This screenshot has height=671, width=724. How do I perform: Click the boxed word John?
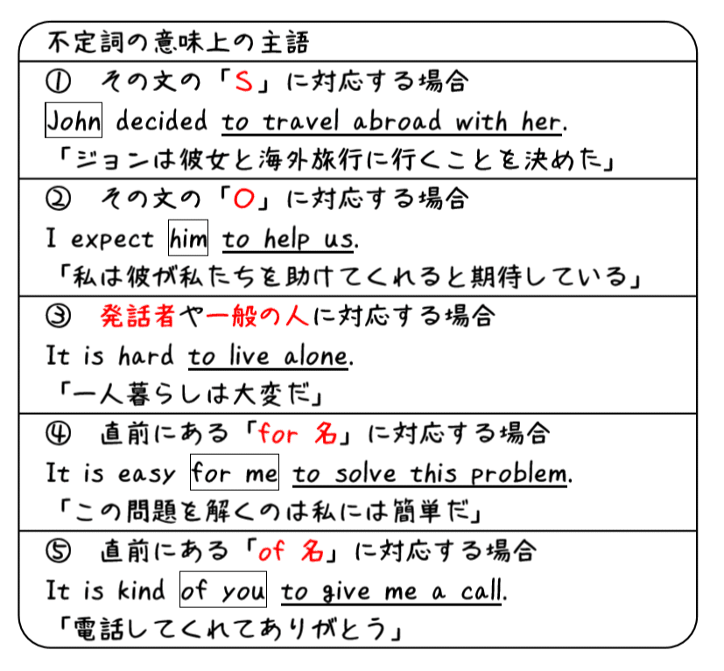[74, 122]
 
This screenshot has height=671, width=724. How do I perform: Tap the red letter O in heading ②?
[244, 200]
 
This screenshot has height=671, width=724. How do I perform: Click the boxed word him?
[188, 239]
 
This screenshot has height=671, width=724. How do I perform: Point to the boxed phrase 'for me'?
[235, 474]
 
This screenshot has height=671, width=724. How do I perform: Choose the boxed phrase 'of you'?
[222, 591]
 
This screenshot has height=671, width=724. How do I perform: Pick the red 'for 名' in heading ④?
[292, 435]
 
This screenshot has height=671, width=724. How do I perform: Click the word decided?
[161, 122]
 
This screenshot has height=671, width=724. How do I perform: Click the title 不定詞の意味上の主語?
[178, 41]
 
